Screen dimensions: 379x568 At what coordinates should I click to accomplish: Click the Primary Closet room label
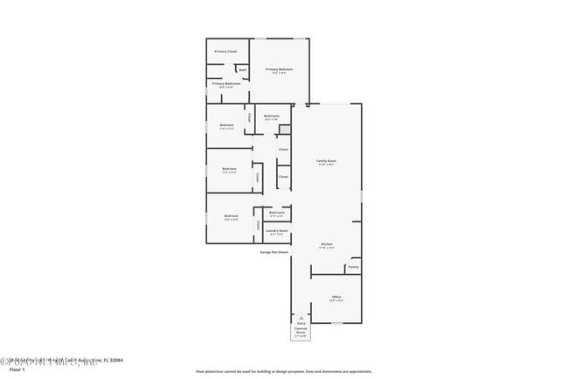[225, 52]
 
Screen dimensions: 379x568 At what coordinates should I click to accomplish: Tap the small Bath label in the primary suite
[242, 70]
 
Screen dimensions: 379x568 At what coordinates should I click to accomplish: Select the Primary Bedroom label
[279, 70]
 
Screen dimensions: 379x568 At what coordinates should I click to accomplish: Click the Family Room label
[326, 162]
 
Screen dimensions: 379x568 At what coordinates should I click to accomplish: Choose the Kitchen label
[326, 245]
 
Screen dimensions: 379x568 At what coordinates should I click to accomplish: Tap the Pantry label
[353, 267]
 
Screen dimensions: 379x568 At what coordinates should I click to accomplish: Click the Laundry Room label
[277, 232]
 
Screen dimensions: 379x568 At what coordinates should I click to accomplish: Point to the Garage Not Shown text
[274, 252]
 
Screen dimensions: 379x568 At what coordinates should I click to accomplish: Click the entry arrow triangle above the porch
[301, 318]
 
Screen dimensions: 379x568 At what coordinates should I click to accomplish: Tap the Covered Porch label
[301, 332]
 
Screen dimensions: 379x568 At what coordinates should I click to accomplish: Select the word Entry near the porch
[301, 324]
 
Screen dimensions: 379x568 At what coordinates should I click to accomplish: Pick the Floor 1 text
[17, 370]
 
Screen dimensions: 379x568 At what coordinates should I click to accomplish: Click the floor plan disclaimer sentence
[284, 372]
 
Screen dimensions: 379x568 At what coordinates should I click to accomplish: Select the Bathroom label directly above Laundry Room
[276, 214]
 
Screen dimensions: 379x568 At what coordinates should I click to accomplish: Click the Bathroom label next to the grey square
[271, 116]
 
